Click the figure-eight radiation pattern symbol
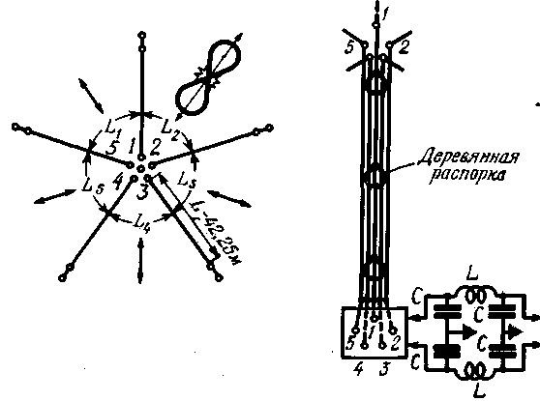point(208,76)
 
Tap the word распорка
point(468,176)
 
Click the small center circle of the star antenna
point(140,168)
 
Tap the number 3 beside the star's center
point(142,192)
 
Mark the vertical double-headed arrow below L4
point(139,260)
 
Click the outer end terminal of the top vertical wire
point(141,35)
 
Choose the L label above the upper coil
point(472,275)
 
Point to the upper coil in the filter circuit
point(475,296)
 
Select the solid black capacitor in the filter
point(447,351)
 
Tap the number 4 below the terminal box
point(358,369)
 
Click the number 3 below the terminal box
point(384,369)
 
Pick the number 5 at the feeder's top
point(349,47)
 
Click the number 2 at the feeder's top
point(403,47)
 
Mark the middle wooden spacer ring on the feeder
point(375,176)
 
